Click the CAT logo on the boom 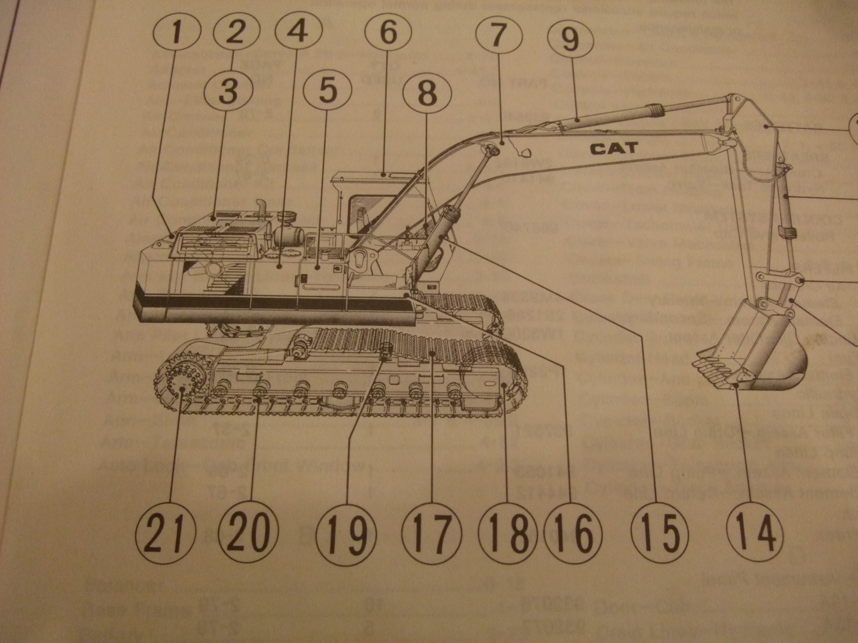615,148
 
